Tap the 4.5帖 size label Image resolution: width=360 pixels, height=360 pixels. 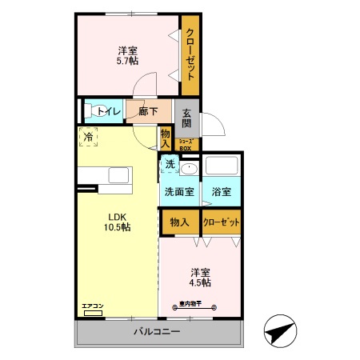[x=201, y=282]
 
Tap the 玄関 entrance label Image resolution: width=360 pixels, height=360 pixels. [x=186, y=118]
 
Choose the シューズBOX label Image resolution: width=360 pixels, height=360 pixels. [x=185, y=145]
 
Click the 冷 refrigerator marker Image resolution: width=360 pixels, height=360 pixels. [x=89, y=138]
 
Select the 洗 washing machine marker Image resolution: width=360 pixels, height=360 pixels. [x=170, y=164]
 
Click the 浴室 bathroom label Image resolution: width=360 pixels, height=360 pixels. [x=222, y=192]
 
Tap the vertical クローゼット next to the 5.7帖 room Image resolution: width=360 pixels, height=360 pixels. [x=190, y=54]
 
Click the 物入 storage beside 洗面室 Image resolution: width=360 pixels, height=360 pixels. [x=180, y=222]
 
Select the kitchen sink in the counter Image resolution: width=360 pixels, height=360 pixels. [x=118, y=176]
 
